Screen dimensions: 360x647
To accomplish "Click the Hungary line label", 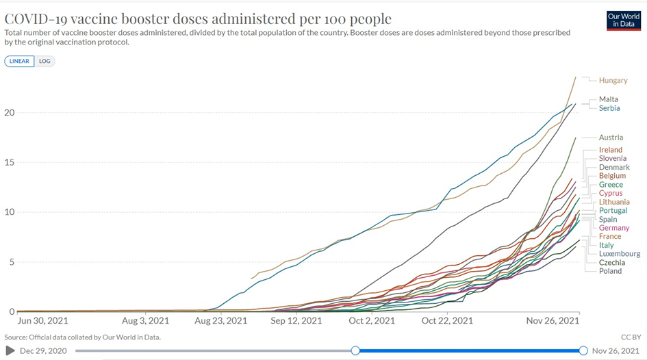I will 613,81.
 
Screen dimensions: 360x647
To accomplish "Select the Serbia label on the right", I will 609,108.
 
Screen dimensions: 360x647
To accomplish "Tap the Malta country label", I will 608,99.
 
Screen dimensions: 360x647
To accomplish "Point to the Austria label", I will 611,138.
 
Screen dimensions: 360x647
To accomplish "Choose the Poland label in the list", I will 610,271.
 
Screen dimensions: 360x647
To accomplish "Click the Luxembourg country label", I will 619,254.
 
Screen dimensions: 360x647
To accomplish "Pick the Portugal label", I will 613,211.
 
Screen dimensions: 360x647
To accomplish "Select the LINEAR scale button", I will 19,61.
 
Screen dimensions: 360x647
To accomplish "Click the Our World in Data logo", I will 624,20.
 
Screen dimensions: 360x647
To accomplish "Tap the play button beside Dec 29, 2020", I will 10,351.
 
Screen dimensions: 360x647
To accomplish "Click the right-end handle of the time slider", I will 583,350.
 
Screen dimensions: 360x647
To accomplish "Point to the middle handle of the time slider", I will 355,350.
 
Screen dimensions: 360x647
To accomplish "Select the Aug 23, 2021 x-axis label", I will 221,320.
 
